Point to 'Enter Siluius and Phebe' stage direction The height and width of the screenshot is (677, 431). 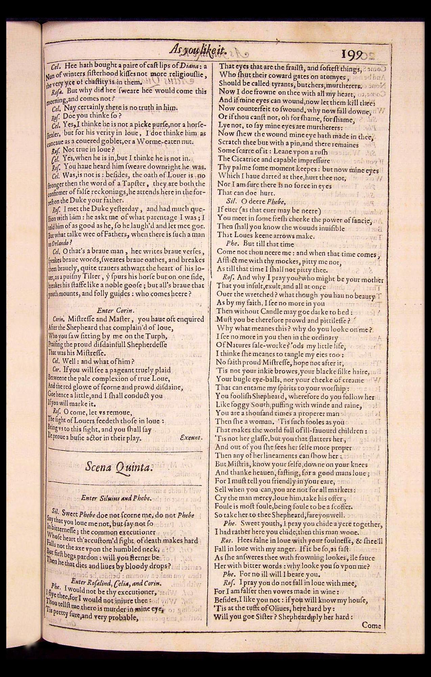pos(116,498)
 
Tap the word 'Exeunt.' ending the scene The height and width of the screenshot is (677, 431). pos(191,437)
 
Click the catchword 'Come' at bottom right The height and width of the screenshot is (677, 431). pos(371,625)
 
